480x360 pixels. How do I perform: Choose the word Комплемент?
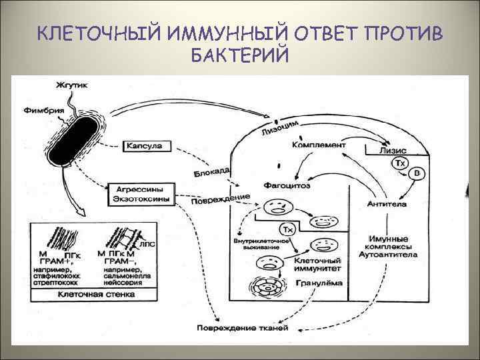[x=319, y=145]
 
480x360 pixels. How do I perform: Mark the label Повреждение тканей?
[x=242, y=328]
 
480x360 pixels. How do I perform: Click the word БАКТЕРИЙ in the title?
[x=239, y=55]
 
